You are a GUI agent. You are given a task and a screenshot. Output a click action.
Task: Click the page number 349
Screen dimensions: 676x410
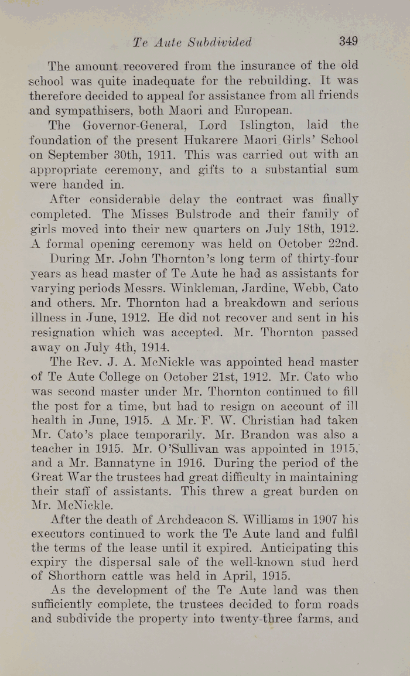[347, 42]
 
